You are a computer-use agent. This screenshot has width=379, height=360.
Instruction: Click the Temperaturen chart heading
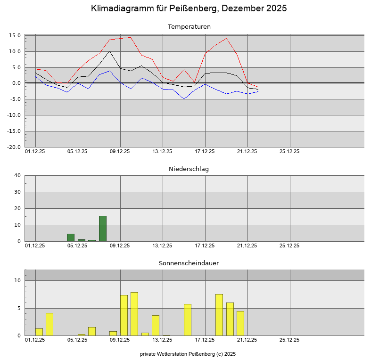tap(189, 26)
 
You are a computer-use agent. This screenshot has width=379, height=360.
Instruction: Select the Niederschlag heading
tap(189, 169)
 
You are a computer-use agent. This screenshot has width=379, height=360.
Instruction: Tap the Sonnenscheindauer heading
tap(189, 263)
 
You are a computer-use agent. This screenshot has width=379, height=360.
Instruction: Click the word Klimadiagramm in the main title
tap(122, 8)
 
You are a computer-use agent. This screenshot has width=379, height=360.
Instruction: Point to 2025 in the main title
tap(277, 8)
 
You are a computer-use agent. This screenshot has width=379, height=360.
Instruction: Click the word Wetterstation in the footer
tap(172, 354)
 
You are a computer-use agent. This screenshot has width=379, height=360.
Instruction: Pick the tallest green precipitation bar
tap(103, 229)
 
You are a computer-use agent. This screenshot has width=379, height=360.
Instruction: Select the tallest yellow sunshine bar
tap(134, 314)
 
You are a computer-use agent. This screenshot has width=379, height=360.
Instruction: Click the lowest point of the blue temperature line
tap(184, 99)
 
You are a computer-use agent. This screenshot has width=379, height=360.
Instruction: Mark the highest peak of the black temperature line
tap(109, 51)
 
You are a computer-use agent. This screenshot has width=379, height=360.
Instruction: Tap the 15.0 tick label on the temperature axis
tap(15, 35)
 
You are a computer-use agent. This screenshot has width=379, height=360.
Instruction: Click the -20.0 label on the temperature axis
tap(14, 147)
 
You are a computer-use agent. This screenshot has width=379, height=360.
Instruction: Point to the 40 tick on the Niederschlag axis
tap(17, 175)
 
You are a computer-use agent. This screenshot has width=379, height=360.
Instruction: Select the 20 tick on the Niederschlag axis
tap(17, 208)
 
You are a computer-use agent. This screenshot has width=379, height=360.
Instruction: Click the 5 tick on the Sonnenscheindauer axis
tap(19, 308)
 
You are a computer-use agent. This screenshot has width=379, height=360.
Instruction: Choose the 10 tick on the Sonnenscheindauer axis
tap(17, 280)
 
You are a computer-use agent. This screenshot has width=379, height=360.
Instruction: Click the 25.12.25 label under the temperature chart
tap(289, 151)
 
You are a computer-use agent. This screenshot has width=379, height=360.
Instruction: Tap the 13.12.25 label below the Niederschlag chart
tap(162, 245)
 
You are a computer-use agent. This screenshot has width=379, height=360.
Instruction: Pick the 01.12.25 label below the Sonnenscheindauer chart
tap(35, 340)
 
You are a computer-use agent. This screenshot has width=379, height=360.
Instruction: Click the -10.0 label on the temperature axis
tap(14, 115)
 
